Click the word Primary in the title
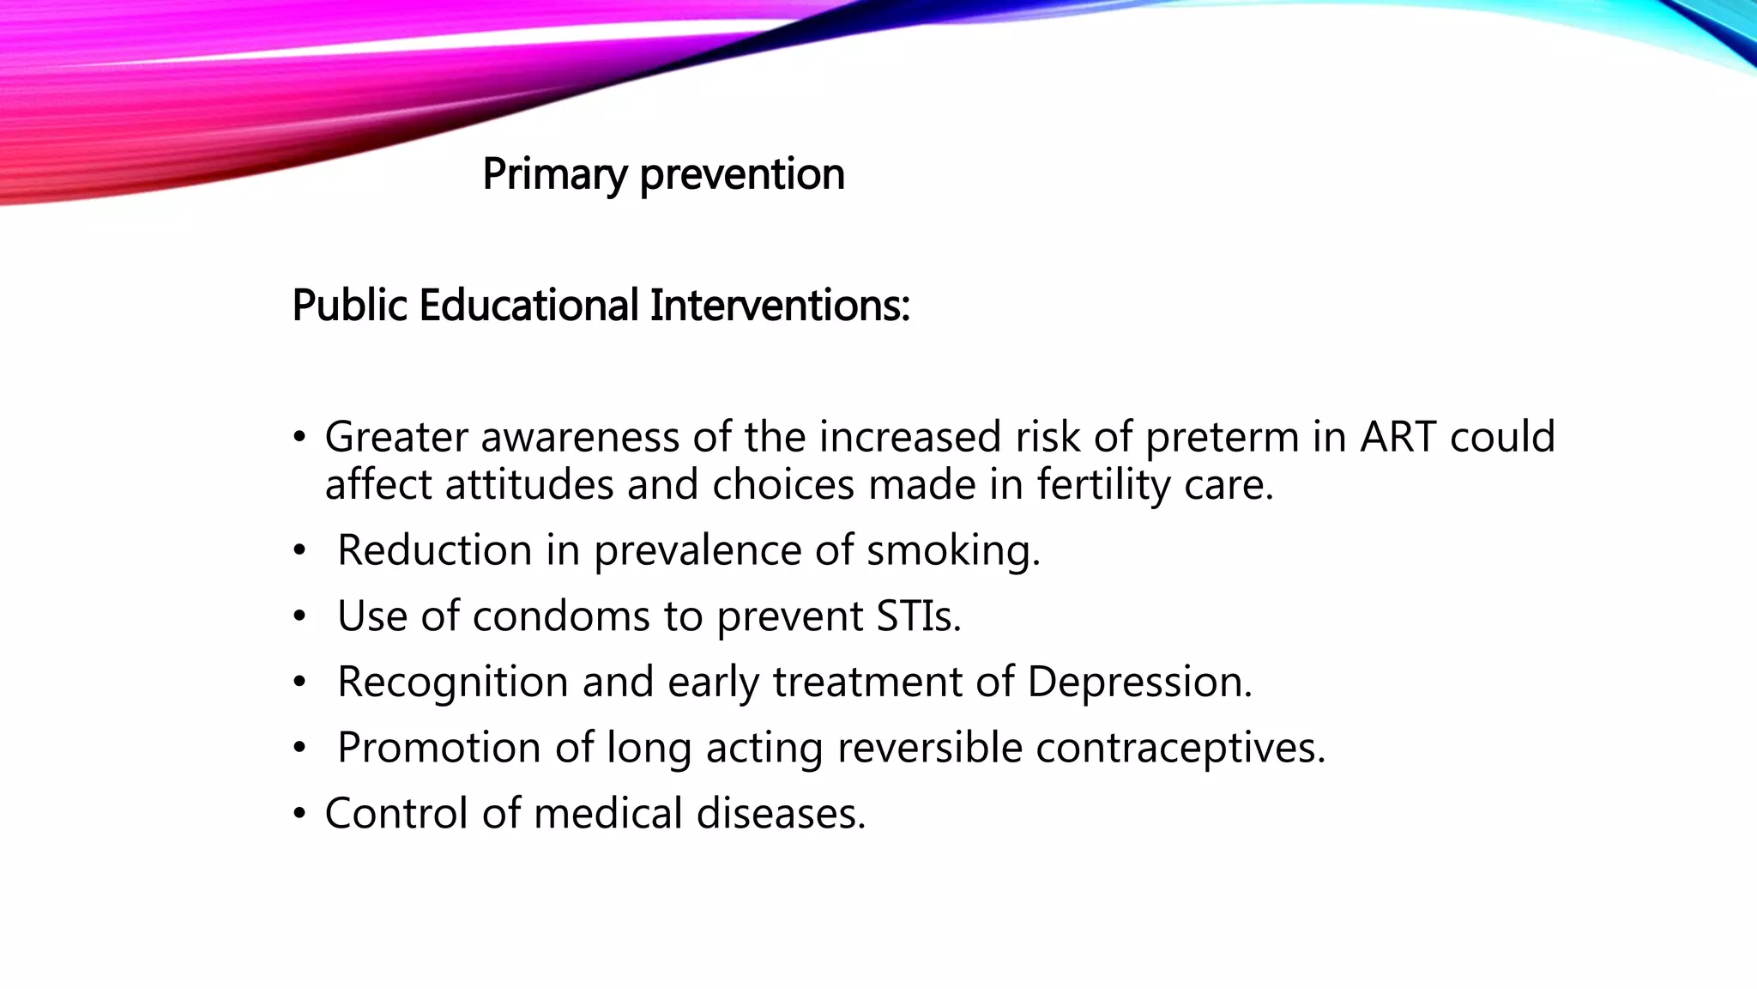tap(554, 174)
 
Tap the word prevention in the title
tap(742, 174)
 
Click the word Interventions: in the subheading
tap(779, 306)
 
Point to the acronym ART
tap(1398, 436)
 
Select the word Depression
tap(1139, 682)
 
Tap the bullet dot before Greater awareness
tap(299, 438)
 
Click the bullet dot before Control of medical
tap(299, 814)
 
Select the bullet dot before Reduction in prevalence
tap(299, 551)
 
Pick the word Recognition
tap(453, 682)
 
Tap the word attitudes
tap(529, 484)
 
